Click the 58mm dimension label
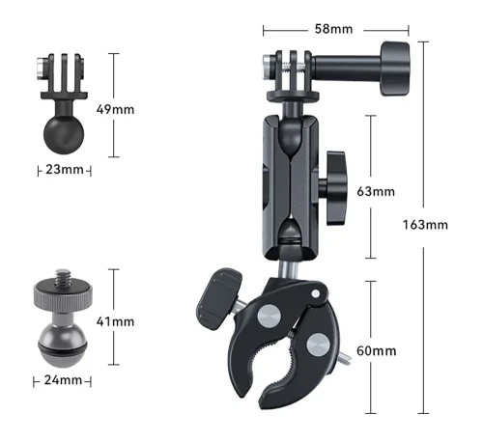(x=333, y=29)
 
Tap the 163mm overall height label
(x=425, y=225)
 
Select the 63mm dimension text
(x=376, y=192)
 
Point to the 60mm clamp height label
(x=376, y=350)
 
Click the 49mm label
(x=115, y=110)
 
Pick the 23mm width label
(x=65, y=170)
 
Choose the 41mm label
(x=115, y=321)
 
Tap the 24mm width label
(x=63, y=380)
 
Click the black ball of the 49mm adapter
(x=64, y=134)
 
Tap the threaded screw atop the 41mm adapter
(x=62, y=277)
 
